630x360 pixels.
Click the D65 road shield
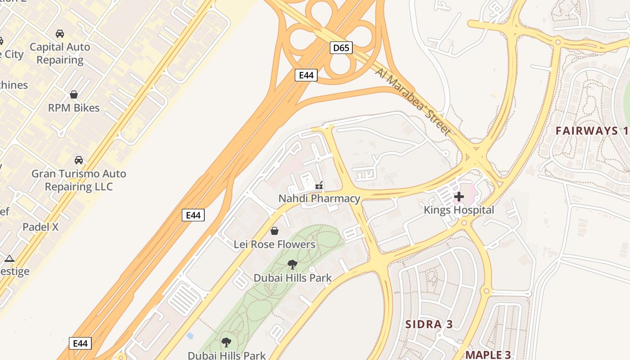pyautogui.click(x=341, y=48)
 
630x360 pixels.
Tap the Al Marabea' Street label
pyautogui.click(x=412, y=101)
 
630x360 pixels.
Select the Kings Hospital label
pyautogui.click(x=459, y=210)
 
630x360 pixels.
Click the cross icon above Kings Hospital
pyautogui.click(x=459, y=197)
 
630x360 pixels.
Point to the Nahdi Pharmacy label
pyautogui.click(x=319, y=198)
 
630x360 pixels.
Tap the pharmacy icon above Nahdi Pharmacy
pyautogui.click(x=319, y=185)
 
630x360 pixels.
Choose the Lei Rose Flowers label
pyautogui.click(x=274, y=244)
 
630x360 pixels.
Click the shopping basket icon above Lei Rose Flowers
pyautogui.click(x=274, y=231)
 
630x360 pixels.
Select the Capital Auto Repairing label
pyautogui.click(x=60, y=53)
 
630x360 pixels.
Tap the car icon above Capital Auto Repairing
pyautogui.click(x=60, y=34)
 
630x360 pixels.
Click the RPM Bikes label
pyautogui.click(x=74, y=108)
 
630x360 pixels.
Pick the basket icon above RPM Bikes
pyautogui.click(x=74, y=94)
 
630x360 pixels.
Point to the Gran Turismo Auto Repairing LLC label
pyautogui.click(x=79, y=180)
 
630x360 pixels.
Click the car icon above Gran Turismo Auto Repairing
pyautogui.click(x=79, y=160)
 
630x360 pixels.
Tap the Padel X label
pyautogui.click(x=40, y=227)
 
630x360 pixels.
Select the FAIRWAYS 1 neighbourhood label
pyautogui.click(x=591, y=131)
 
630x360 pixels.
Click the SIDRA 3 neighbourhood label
pyautogui.click(x=428, y=324)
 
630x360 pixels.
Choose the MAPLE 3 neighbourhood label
pyautogui.click(x=488, y=355)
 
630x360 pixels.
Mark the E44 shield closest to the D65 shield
pyautogui.click(x=306, y=75)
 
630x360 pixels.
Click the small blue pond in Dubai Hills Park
pyautogui.click(x=190, y=336)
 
